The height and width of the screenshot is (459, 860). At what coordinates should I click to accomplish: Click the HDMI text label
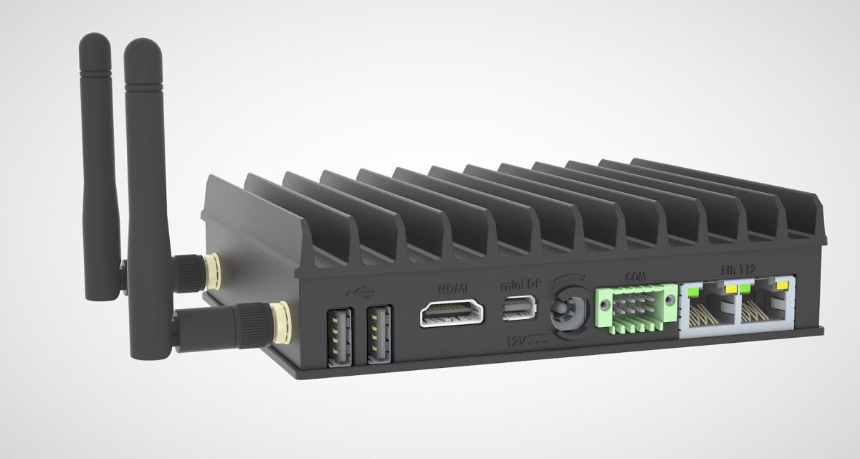coord(453,288)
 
